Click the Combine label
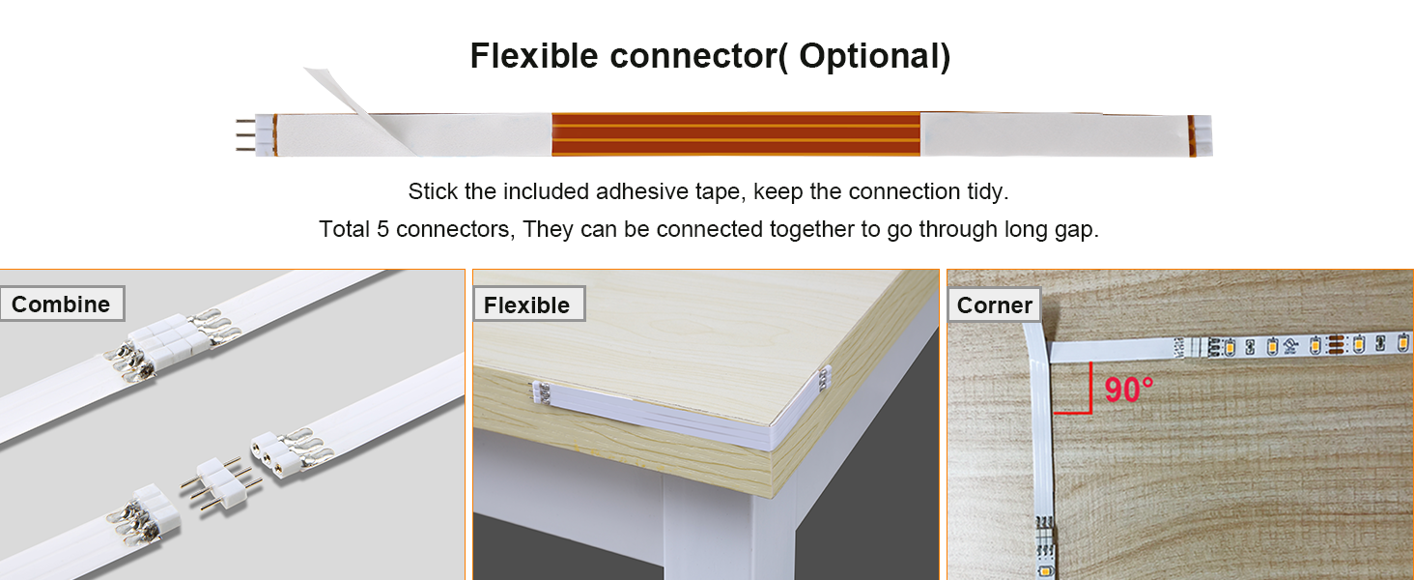click(61, 304)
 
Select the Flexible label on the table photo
click(526, 305)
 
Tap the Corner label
click(995, 305)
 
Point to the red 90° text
click(1129, 390)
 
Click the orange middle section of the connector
click(735, 134)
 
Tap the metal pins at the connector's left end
click(244, 134)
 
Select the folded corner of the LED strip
click(1035, 346)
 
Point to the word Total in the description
click(345, 230)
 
